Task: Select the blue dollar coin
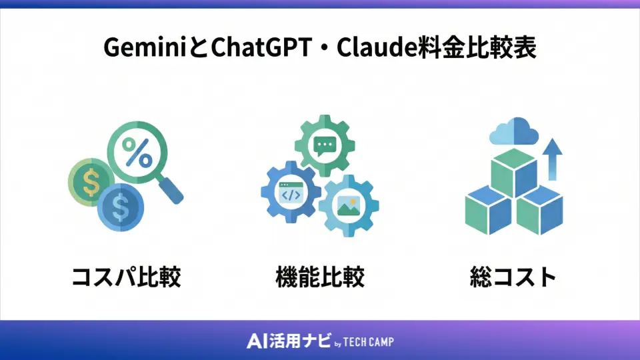(x=120, y=207)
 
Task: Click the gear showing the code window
(x=290, y=193)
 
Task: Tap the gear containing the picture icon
(x=349, y=206)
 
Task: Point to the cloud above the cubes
(x=513, y=133)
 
